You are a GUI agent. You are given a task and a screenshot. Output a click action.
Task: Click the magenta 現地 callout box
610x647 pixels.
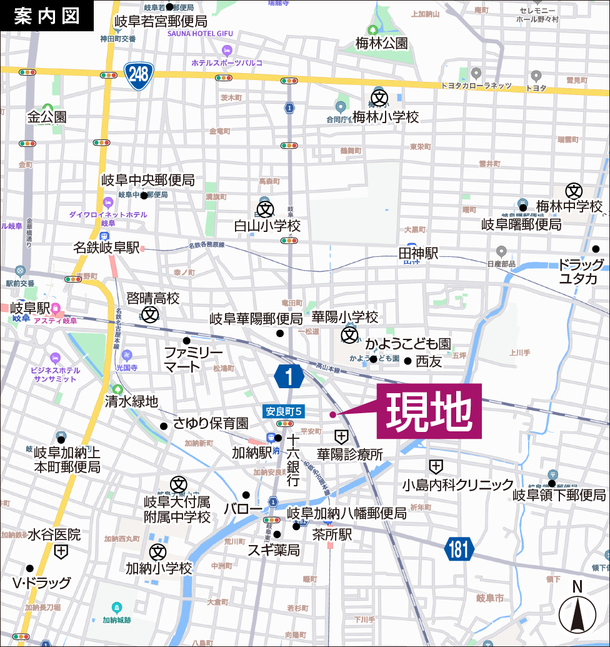[429, 411]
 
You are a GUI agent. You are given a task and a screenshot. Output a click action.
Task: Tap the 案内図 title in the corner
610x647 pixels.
[47, 16]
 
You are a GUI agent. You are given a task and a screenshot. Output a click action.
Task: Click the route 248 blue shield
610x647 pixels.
[139, 75]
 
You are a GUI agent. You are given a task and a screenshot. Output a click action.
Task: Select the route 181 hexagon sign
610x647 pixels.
[459, 550]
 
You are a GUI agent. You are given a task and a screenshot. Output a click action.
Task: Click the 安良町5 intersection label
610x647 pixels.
[284, 411]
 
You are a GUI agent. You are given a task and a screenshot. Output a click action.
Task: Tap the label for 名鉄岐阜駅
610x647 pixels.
[106, 248]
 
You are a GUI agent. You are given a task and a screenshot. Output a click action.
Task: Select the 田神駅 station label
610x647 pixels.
[419, 253]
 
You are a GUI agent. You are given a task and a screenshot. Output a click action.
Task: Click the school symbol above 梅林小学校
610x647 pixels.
[379, 98]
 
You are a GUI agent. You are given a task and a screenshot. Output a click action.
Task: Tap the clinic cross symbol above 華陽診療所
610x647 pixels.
[342, 436]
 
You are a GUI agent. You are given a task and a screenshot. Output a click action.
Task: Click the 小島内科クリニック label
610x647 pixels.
[457, 484]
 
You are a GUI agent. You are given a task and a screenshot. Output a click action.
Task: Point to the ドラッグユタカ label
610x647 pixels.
[581, 271]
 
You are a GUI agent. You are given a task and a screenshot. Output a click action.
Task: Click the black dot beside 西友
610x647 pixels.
[407, 361]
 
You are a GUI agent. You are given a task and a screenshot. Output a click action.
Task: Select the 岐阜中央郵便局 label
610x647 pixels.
[148, 181]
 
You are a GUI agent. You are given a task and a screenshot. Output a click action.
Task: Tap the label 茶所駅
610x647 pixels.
[332, 534]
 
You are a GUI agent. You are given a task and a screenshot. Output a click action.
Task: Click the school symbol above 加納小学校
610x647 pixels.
[158, 552]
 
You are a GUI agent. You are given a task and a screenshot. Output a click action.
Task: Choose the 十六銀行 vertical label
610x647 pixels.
[292, 461]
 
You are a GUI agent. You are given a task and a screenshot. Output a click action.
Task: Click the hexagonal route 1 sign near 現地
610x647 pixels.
[289, 377]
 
